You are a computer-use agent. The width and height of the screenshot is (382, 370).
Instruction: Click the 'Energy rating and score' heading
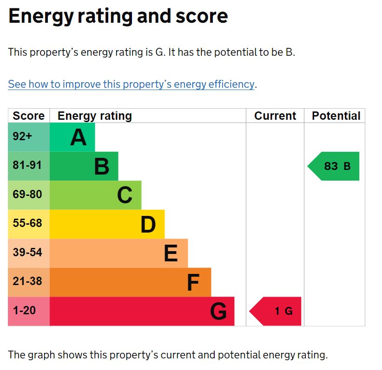118,16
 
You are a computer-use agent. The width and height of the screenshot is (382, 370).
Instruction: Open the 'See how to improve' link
131,84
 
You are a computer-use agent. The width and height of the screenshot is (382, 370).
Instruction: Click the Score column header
29,116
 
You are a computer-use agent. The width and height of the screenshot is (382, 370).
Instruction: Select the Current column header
275,116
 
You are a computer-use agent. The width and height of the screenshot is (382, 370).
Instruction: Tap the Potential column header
336,116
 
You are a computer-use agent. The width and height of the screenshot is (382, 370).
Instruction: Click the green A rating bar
72,137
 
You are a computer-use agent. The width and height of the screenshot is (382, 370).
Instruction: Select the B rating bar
84,166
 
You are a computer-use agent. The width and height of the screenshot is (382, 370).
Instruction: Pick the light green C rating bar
95,195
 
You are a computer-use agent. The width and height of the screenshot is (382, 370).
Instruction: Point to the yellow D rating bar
107,224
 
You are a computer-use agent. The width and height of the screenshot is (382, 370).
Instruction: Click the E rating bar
119,253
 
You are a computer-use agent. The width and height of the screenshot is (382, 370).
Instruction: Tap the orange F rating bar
130,282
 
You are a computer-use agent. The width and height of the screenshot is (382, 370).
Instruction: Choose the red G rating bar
142,311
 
